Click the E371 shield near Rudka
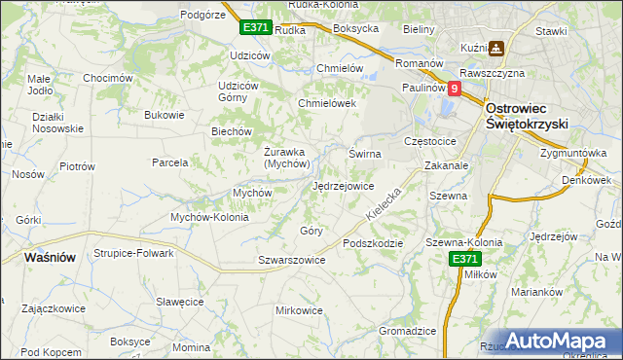click(255, 28)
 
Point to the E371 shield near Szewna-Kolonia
click(464, 259)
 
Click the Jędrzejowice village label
click(344, 186)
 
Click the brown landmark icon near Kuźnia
click(496, 47)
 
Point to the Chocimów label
click(107, 78)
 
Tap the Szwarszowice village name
click(291, 260)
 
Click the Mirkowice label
click(299, 310)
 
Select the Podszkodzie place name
click(372, 243)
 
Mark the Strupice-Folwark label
click(133, 253)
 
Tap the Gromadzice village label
click(407, 331)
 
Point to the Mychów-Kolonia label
click(209, 217)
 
